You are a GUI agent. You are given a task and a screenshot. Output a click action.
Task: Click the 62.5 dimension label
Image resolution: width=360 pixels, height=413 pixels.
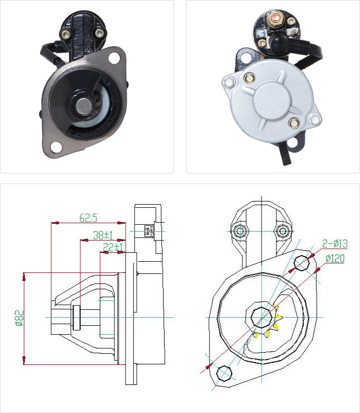pos(88,218)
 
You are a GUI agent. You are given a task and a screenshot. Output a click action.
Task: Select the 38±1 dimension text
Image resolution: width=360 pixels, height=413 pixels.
pos(103,235)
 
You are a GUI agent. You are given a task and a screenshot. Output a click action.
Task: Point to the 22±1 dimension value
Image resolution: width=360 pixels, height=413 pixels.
pos(113,247)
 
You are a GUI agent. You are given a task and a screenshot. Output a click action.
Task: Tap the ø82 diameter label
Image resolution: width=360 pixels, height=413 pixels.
pos(20,318)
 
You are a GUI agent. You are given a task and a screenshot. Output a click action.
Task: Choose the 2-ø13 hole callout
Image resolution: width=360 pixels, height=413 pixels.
pos(335,244)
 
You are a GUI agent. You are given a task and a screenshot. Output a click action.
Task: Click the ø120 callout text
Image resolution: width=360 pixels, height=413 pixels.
pos(335,259)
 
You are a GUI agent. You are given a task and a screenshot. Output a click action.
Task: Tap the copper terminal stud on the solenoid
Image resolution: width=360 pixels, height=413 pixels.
pos(276,18)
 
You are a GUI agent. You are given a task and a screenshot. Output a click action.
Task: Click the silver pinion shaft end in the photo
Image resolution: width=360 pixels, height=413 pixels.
pos(84,106)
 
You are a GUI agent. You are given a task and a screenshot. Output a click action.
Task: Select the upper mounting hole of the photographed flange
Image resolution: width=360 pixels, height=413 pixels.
pos(114,58)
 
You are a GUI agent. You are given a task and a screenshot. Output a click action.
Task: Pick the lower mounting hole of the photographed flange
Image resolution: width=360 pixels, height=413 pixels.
pos(56,146)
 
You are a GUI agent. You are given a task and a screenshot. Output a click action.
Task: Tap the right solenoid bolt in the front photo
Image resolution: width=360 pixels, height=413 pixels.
pos(100,33)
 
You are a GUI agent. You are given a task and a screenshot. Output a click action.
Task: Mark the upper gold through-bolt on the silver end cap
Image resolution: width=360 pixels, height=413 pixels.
pos(249,78)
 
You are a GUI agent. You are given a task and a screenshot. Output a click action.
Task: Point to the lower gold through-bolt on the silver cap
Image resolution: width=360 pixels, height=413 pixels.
pos(294,123)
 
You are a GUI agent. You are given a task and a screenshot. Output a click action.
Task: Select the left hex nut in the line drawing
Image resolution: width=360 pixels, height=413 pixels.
pos(239,231)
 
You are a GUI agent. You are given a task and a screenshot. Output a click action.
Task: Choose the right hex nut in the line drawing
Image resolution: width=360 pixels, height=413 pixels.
pos(283,231)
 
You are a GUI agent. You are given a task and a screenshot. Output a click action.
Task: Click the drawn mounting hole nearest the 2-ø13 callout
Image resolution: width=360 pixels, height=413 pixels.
pos(301,263)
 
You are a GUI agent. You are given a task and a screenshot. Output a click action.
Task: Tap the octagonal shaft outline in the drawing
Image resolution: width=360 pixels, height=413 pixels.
pos(262,317)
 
